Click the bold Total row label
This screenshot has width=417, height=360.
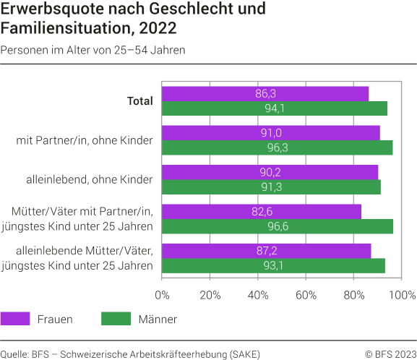pos(139,101)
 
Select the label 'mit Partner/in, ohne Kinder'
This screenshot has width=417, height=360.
pos(85,140)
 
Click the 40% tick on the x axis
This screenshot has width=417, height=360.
pos(258,295)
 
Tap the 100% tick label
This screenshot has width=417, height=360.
pos(402,295)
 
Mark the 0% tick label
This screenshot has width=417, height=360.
pos(162,295)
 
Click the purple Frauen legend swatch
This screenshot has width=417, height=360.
pos(15,319)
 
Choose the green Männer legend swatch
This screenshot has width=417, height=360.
pos(114,319)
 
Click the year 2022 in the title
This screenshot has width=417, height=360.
pos(155,30)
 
